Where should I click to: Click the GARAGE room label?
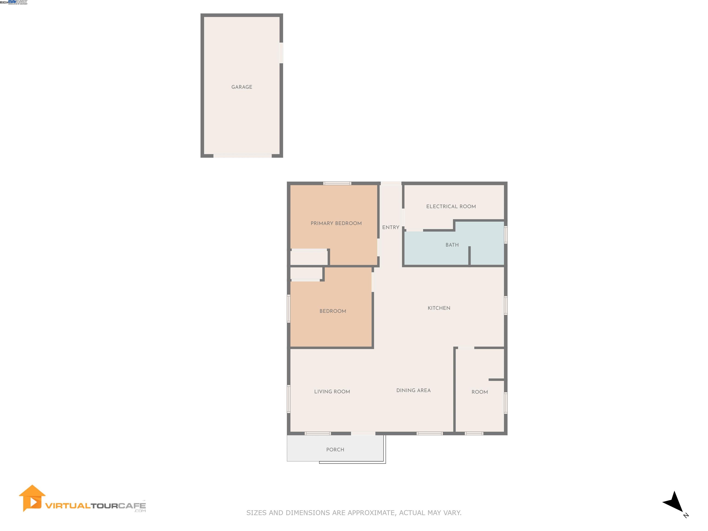(242, 87)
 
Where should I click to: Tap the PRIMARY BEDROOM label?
(336, 223)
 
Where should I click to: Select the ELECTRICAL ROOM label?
(451, 206)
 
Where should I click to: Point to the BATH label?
(452, 245)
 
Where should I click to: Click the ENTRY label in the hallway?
(390, 227)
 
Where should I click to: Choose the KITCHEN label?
(439, 308)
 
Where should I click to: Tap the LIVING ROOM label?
(332, 391)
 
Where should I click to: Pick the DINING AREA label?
(413, 390)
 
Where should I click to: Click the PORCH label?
(335, 449)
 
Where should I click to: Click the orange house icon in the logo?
(32, 498)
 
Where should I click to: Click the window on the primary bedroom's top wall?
(337, 183)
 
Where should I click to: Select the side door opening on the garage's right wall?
(281, 53)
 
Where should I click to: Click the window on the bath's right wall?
(506, 235)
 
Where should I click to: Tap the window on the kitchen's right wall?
(506, 305)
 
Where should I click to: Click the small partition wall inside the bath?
(469, 255)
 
